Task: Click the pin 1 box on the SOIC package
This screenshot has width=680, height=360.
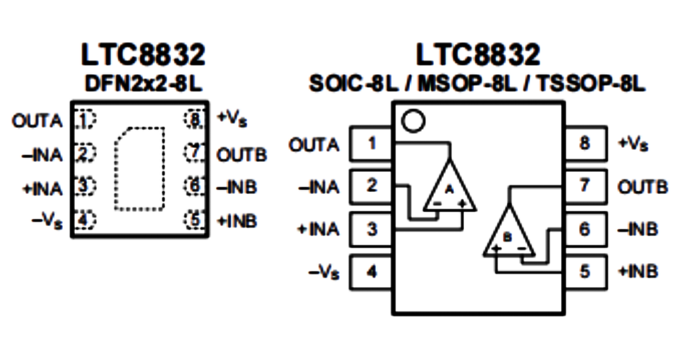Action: pyautogui.click(x=371, y=143)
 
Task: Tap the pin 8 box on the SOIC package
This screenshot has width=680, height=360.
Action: pyautogui.click(x=586, y=143)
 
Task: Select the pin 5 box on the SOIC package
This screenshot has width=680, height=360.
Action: pyautogui.click(x=586, y=272)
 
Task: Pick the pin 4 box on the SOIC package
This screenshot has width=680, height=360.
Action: pyautogui.click(x=371, y=272)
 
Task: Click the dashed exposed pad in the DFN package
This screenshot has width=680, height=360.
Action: pyautogui.click(x=140, y=169)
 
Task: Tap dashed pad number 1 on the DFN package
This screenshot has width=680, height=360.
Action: pyautogui.click(x=85, y=120)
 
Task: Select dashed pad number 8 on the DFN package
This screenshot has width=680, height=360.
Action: pyautogui.click(x=195, y=120)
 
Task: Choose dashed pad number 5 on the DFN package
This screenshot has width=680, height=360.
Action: pyautogui.click(x=195, y=220)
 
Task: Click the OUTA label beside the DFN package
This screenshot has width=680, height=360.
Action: pyautogui.click(x=38, y=121)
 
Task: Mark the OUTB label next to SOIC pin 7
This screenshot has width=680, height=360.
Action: pyautogui.click(x=643, y=187)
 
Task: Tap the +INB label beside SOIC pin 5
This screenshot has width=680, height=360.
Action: pyautogui.click(x=638, y=271)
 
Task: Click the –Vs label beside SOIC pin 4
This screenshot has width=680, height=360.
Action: pyautogui.click(x=324, y=273)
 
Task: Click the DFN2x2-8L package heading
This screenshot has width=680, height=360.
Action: pyautogui.click(x=143, y=84)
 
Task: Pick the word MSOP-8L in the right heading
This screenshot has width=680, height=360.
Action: pyautogui.click(x=467, y=84)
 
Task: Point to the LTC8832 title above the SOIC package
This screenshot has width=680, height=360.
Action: pyautogui.click(x=479, y=54)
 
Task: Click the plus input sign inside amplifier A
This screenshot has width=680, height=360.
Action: pyautogui.click(x=462, y=203)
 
